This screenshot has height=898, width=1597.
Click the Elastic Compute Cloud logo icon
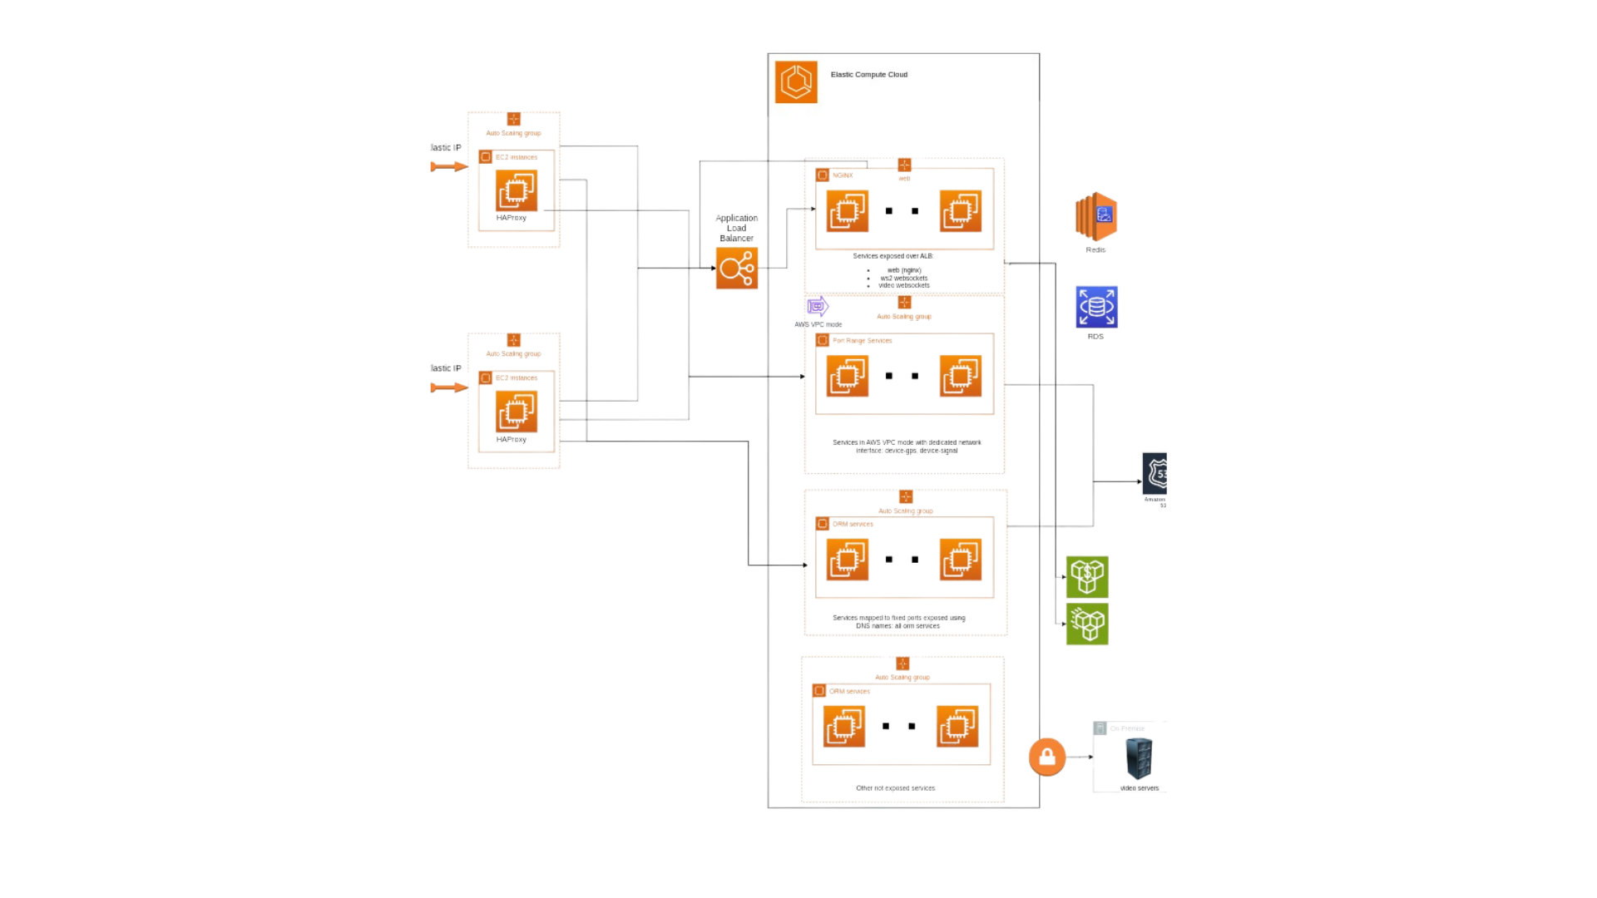[795, 81]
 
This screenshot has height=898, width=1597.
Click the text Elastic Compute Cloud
[868, 75]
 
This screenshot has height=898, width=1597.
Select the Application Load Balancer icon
[736, 268]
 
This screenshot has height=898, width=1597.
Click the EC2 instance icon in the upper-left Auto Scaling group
[516, 190]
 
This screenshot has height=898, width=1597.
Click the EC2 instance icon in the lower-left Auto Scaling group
[516, 411]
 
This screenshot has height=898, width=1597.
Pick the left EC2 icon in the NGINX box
[847, 210]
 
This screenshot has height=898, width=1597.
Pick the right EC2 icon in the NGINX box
[960, 210]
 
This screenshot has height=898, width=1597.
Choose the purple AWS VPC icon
[817, 307]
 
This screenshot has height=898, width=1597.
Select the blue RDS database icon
[1095, 307]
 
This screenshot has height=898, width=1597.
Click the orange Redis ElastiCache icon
[1095, 216]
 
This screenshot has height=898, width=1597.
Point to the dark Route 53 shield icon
[1154, 474]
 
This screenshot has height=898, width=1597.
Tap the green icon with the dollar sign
[1087, 577]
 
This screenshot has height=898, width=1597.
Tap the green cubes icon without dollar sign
[1087, 624]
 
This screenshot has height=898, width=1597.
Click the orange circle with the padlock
[1046, 757]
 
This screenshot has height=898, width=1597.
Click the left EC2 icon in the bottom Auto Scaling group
[843, 726]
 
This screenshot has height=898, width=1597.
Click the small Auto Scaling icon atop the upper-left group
[514, 120]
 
